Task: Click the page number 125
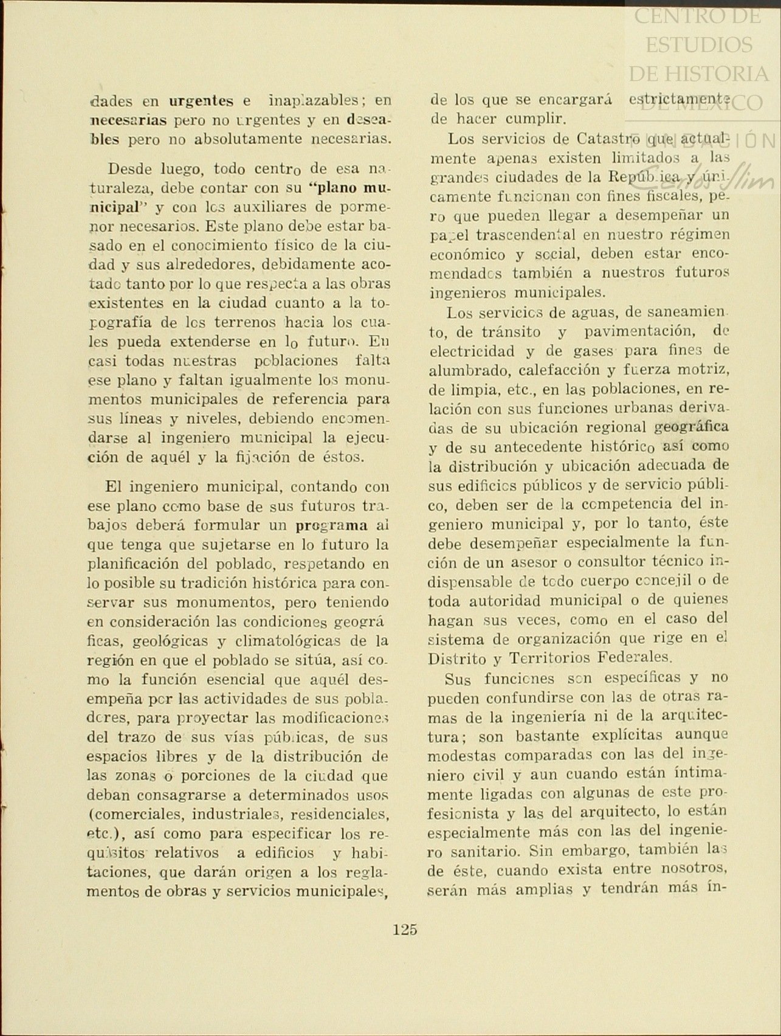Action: pos(405,929)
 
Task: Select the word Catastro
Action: pos(601,139)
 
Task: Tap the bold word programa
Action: pos(332,525)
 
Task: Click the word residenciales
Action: pos(340,814)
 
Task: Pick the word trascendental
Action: pos(527,235)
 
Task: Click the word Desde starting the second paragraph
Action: pos(129,168)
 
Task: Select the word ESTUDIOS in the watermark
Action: pos(698,44)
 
